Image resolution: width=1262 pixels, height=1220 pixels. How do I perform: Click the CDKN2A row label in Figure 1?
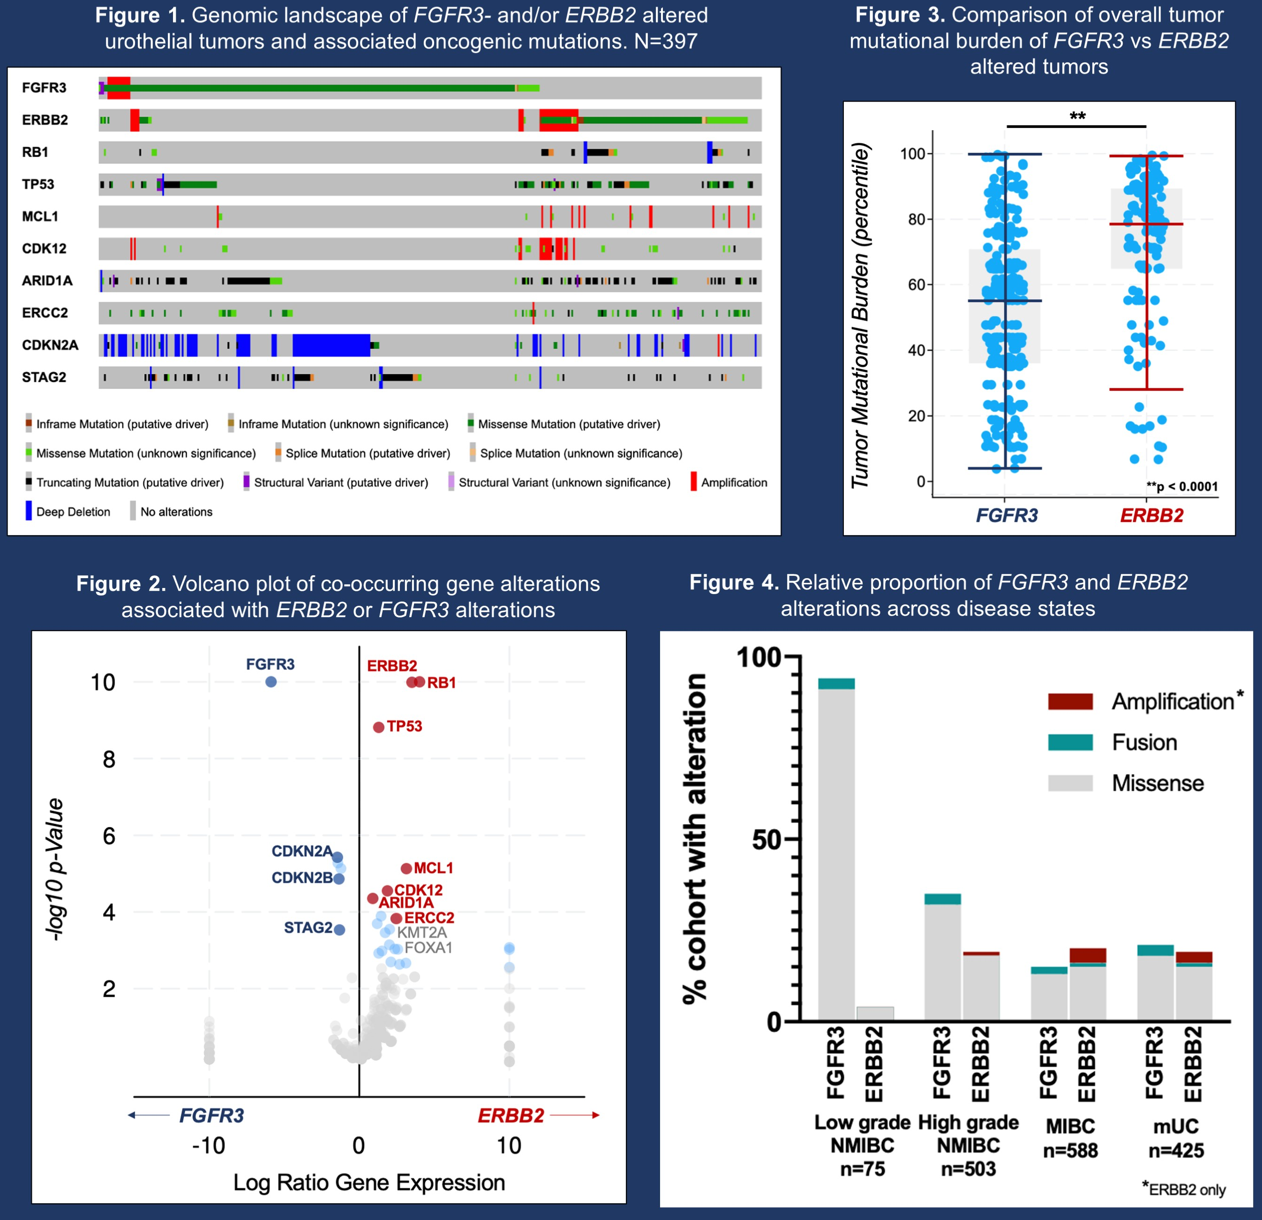click(50, 345)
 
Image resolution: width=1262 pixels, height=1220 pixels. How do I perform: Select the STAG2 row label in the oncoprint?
click(44, 377)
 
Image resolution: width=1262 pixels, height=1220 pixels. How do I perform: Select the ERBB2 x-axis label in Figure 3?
click(1151, 515)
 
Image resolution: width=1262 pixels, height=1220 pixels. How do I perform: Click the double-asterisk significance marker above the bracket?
click(1077, 117)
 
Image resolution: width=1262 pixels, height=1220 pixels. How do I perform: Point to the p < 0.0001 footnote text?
click(1182, 486)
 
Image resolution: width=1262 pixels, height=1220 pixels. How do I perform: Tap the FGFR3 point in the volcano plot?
click(271, 681)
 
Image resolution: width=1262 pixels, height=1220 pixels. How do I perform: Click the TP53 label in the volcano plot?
click(405, 727)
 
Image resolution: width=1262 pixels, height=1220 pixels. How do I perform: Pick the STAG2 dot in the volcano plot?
click(339, 929)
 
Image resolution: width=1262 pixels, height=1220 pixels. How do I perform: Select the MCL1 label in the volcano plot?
click(433, 868)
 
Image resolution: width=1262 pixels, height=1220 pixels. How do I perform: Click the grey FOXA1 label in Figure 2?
click(428, 948)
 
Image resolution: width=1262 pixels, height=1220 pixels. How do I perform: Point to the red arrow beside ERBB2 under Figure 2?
click(574, 1115)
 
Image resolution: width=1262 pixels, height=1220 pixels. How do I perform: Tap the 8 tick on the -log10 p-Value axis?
click(109, 759)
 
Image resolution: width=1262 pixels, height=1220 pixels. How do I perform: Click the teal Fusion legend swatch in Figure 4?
click(1070, 742)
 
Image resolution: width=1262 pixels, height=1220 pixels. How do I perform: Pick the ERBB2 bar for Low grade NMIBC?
click(874, 1013)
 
